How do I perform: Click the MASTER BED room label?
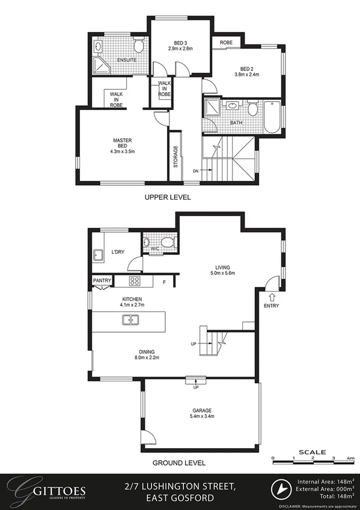pyautogui.click(x=123, y=141)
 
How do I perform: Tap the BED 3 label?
pyautogui.click(x=180, y=42)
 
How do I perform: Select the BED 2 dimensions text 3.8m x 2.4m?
pyautogui.click(x=246, y=75)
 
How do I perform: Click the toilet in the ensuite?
pyautogui.click(x=139, y=46)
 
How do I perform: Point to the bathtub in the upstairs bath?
pyautogui.click(x=272, y=118)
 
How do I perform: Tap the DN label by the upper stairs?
pyautogui.click(x=196, y=171)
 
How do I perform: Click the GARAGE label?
pyautogui.click(x=201, y=410)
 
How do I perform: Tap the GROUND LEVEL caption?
pyautogui.click(x=179, y=463)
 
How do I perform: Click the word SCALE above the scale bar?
pyautogui.click(x=313, y=452)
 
